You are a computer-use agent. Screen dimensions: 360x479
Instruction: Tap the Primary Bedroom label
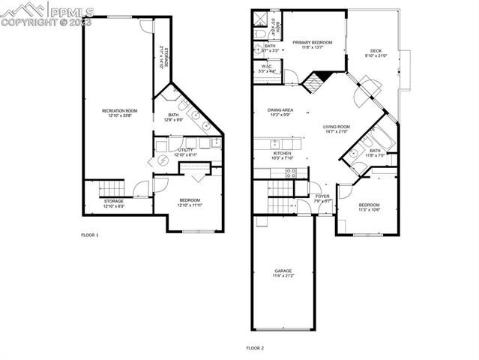pyautogui.click(x=312, y=43)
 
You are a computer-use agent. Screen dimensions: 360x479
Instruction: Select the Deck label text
pyautogui.click(x=376, y=51)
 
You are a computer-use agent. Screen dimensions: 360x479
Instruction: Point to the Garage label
pyautogui.click(x=283, y=271)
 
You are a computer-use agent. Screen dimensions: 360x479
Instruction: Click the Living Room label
pyautogui.click(x=337, y=127)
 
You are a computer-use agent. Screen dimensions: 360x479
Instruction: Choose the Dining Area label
pyautogui.click(x=280, y=110)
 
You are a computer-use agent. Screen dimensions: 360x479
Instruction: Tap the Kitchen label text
pyautogui.click(x=281, y=153)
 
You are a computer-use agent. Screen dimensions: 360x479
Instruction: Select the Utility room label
pyautogui.click(x=185, y=149)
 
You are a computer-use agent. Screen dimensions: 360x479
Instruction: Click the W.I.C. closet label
pyautogui.click(x=266, y=67)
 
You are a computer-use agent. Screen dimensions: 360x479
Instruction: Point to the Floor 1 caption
pyautogui.click(x=90, y=235)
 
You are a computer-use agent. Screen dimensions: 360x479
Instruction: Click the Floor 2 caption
pyautogui.click(x=256, y=348)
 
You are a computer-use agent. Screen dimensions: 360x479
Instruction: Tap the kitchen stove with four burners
pyautogui.click(x=292, y=172)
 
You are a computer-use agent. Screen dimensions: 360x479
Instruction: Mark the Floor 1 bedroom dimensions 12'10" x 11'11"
pyautogui.click(x=189, y=205)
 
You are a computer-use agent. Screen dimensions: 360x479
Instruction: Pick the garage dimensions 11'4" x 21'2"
pyautogui.click(x=283, y=276)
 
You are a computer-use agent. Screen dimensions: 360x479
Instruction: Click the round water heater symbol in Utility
pyautogui.click(x=162, y=162)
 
